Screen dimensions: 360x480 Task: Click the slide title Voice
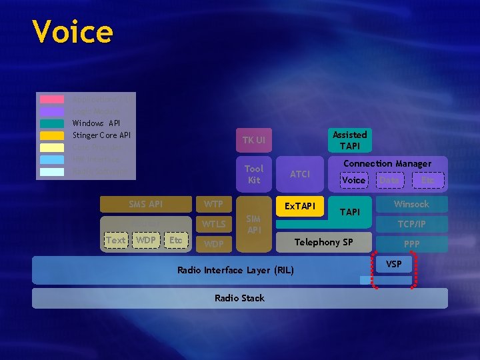[73, 31]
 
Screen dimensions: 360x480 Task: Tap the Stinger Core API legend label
[101, 135]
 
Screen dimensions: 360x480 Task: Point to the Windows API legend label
[96, 123]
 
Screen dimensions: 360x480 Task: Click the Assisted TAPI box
[349, 140]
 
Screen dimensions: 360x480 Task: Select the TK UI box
[254, 140]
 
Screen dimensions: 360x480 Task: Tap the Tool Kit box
[254, 175]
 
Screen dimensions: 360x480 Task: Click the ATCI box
[300, 174]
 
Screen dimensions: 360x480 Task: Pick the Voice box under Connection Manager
[353, 180]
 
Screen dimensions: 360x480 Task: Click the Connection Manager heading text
[387, 163]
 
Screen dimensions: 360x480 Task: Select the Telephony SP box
[324, 242]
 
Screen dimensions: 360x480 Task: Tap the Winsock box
[411, 204]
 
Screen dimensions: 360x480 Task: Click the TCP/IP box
[411, 224]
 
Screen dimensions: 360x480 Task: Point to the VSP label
[394, 264]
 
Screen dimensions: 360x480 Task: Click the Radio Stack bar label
[239, 298]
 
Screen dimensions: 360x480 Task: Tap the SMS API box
[145, 204]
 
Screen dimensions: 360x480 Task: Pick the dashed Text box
[115, 240]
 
